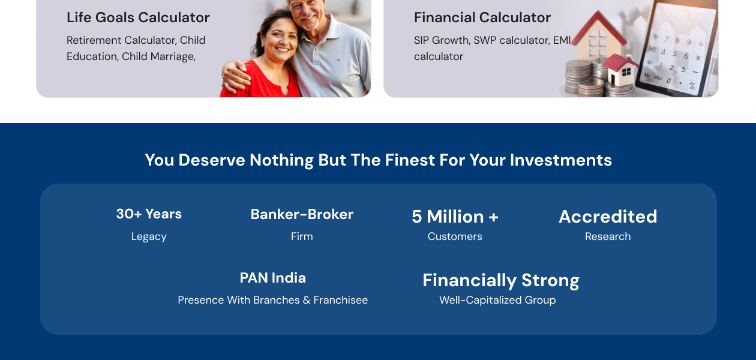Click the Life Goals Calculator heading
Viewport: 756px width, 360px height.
click(138, 17)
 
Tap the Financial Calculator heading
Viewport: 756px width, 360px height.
click(482, 17)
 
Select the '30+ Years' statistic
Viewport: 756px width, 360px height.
click(149, 214)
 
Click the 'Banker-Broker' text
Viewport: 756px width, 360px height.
click(302, 214)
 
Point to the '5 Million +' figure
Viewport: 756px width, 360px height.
click(455, 217)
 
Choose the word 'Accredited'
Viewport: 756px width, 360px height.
click(608, 217)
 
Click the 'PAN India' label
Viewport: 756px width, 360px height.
click(272, 278)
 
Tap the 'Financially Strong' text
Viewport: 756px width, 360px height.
click(501, 281)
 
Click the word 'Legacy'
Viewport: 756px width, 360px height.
click(149, 237)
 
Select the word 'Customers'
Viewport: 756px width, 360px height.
click(455, 236)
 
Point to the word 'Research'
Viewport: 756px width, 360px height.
click(608, 236)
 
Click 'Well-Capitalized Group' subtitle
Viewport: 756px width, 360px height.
click(497, 300)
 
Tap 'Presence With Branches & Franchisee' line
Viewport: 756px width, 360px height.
click(272, 300)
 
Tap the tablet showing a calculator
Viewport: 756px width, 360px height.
click(676, 49)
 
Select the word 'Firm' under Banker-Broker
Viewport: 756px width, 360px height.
click(302, 236)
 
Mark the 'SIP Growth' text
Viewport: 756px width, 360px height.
click(442, 40)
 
